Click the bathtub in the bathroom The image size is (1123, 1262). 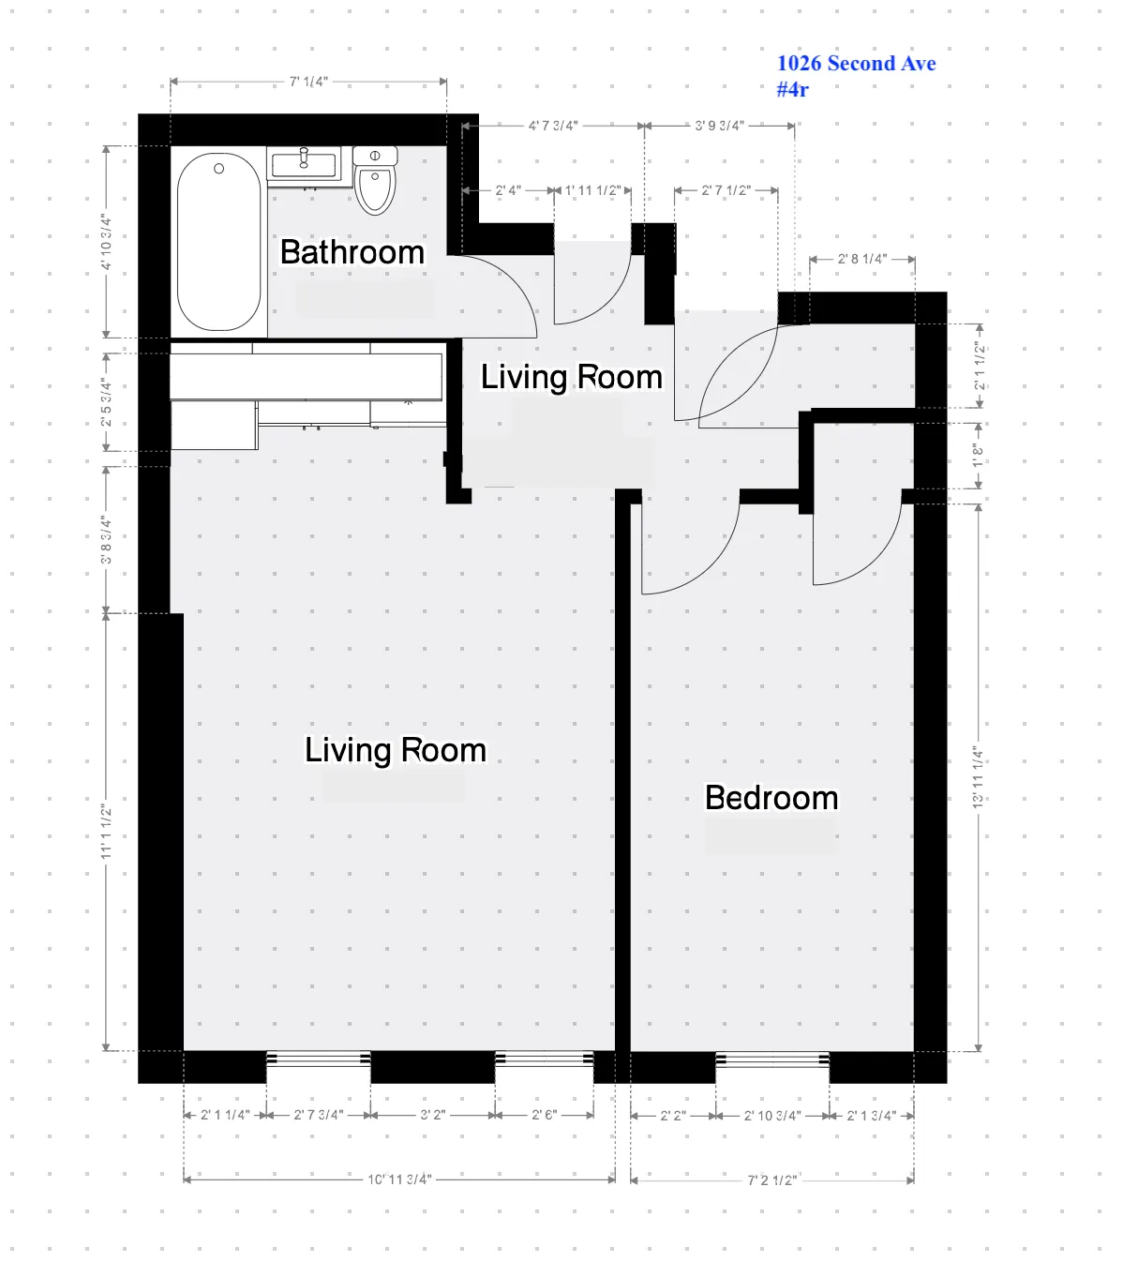[218, 242]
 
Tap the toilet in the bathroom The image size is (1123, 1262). [376, 182]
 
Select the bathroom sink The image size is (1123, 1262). [304, 165]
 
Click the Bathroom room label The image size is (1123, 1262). [352, 252]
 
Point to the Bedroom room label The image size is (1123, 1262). [771, 798]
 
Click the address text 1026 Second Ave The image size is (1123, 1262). [856, 64]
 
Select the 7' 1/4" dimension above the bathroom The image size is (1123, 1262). [308, 83]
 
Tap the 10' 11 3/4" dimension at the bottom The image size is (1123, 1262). [398, 1179]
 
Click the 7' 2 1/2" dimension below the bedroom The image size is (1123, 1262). [771, 1179]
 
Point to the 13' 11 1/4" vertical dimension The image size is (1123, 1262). [979, 777]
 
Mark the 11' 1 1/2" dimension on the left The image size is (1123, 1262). [107, 832]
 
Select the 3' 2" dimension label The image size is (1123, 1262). [432, 1115]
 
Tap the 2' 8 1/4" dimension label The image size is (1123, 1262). [862, 259]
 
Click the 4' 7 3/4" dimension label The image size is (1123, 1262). [552, 126]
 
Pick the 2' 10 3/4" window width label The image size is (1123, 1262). [772, 1116]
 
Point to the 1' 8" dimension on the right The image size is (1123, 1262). [979, 456]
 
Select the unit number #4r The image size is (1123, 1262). [792, 90]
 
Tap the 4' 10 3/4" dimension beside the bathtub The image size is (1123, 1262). [107, 242]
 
